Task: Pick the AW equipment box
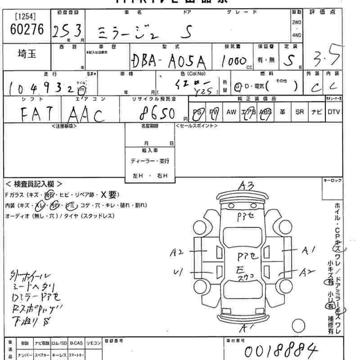231,112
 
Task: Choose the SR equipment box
299,112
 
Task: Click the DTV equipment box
333,112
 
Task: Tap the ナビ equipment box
316,112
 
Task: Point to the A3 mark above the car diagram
247,185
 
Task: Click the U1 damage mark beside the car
177,271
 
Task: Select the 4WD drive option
297,35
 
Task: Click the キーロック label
333,180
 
